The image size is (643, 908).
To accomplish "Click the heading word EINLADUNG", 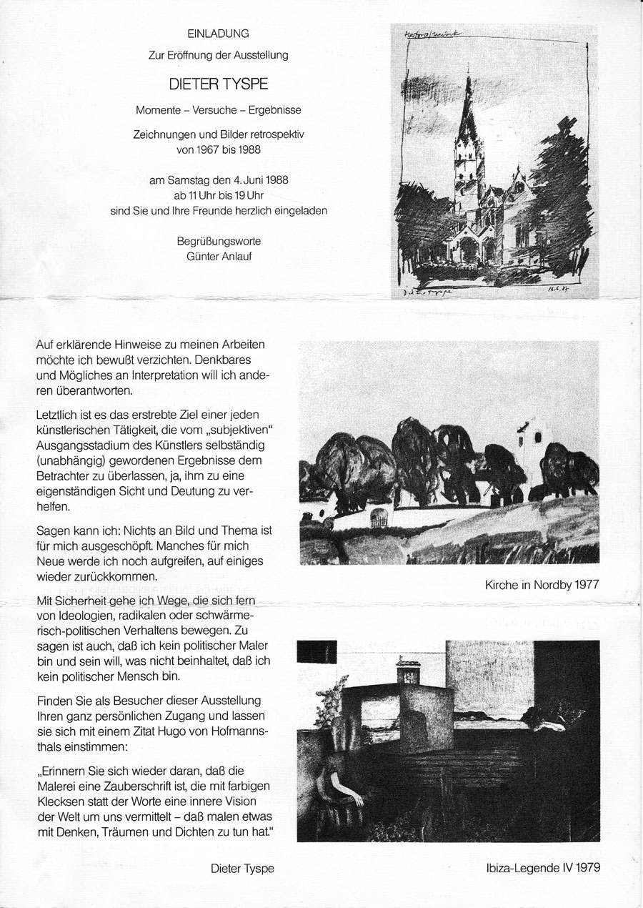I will point(219,33).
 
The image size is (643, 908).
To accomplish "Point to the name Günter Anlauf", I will point(219,256).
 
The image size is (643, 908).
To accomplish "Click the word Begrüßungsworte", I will point(219,242).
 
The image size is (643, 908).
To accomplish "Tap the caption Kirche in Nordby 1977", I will point(541,585).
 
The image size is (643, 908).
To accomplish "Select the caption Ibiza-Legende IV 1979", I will point(541,869).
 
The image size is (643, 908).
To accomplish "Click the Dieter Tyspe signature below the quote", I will point(243,869).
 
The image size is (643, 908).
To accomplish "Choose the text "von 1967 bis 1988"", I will point(219,151).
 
